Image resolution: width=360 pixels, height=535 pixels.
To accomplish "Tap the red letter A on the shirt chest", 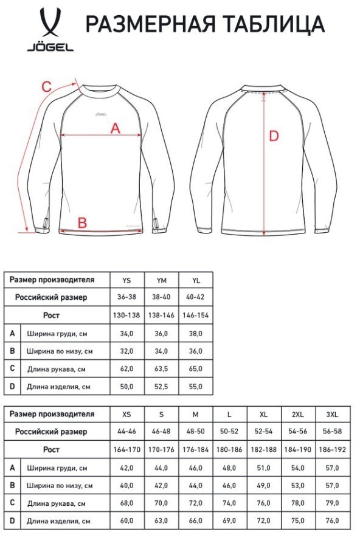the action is (x=115, y=128).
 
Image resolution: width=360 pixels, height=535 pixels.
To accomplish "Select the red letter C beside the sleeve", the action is (x=46, y=87).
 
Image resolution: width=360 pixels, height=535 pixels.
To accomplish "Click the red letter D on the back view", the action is (x=274, y=136).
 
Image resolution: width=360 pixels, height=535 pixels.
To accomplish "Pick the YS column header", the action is (x=126, y=280).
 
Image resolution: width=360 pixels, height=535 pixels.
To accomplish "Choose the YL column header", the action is (x=195, y=280).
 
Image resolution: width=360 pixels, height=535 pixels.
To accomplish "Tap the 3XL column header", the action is (x=332, y=415).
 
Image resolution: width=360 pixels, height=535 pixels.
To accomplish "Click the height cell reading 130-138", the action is (x=126, y=316).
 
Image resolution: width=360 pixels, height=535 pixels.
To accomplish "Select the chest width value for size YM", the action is (x=161, y=333).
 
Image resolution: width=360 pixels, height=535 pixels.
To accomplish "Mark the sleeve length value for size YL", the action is (x=195, y=368).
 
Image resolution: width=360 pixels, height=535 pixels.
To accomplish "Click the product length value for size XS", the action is (x=126, y=521).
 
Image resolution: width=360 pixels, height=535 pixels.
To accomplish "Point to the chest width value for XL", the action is (x=263, y=468).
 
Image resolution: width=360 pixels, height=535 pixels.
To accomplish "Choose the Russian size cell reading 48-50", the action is (x=195, y=432).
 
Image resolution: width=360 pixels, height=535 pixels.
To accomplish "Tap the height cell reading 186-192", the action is (x=332, y=450).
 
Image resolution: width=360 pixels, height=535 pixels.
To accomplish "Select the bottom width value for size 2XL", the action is (x=298, y=485).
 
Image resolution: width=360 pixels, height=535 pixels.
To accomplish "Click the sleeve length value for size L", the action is (x=229, y=503).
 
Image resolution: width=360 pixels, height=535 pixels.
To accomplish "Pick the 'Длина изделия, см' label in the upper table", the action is (x=59, y=386).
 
